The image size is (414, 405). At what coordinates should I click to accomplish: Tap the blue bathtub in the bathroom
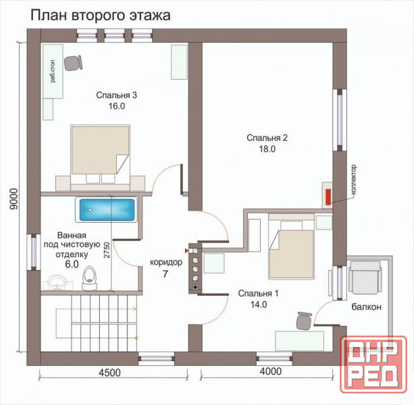(106, 211)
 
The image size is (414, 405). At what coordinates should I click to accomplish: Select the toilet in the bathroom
(90, 276)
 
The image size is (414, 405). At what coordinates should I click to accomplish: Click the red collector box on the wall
(328, 196)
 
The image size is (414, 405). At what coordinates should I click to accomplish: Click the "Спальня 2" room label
(267, 138)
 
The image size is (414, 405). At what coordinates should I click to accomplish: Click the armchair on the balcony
(364, 277)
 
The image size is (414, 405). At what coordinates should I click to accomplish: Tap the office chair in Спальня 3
(73, 62)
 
